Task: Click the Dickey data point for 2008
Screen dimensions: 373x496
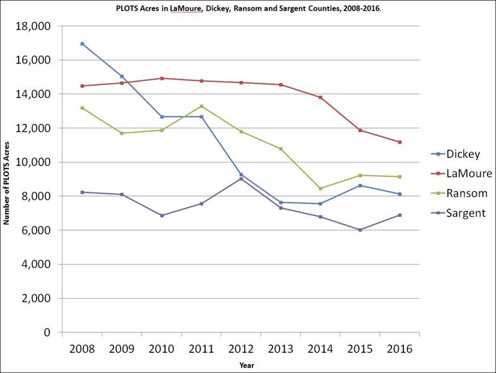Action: [82, 44]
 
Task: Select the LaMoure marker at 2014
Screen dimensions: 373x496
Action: [320, 97]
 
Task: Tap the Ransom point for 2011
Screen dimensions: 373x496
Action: [201, 106]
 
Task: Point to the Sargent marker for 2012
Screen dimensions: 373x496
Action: [241, 179]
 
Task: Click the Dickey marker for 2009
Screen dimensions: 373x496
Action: [122, 76]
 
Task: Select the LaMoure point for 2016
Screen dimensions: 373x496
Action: [400, 142]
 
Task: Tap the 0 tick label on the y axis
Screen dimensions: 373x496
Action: [46, 332]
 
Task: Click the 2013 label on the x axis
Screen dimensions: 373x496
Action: [280, 349]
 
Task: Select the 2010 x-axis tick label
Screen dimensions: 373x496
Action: [161, 349]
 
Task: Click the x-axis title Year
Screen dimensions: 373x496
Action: [247, 365]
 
